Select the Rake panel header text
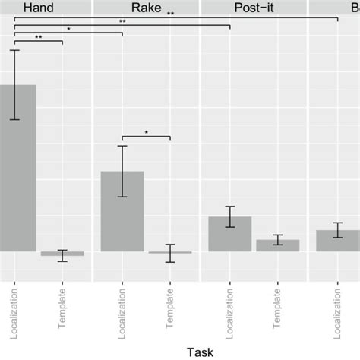[x=146, y=8]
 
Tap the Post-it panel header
[x=254, y=8]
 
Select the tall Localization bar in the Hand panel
[x=17, y=167]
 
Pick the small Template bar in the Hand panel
[x=62, y=254]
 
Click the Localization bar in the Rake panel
[x=122, y=211]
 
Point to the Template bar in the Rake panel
[x=170, y=252]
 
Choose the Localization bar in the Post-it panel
[x=229, y=234]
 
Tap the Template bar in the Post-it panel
[x=277, y=245]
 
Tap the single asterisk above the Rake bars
[x=147, y=133]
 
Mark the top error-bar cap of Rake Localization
[x=122, y=146]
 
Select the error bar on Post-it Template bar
[x=277, y=240]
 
